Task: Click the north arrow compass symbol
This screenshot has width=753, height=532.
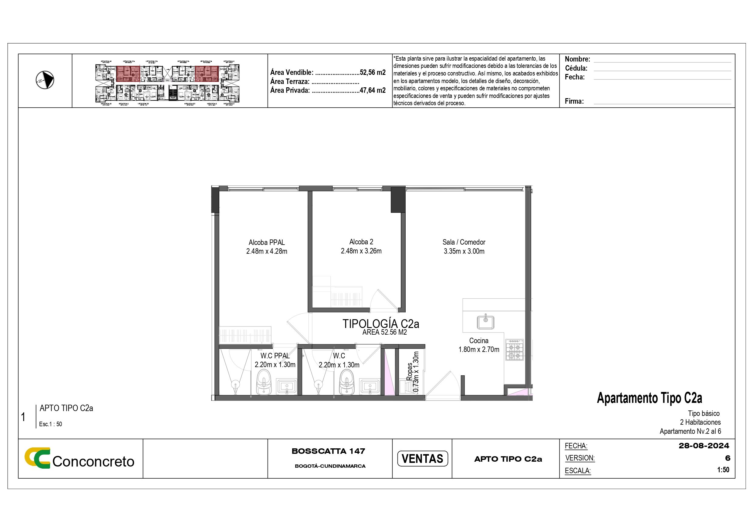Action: pos(45,80)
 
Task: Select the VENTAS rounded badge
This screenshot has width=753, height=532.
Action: pos(422,459)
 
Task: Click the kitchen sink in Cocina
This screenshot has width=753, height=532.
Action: pos(485,322)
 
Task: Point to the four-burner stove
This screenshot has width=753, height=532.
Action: pos(515,350)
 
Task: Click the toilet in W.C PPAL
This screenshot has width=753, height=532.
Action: pos(264,383)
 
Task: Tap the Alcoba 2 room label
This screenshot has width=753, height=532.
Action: pos(361,242)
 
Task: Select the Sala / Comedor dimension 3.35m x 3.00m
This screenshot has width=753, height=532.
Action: pos(464,251)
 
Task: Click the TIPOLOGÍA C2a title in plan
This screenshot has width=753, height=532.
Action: pos(381,324)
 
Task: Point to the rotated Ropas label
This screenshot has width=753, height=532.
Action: pos(409,372)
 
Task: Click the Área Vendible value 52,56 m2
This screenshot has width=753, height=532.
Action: pos(373,72)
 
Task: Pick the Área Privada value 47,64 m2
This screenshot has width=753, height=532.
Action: pos(373,90)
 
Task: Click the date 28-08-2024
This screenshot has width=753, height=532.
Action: pos(704,446)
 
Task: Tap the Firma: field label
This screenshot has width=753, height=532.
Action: pos(574,101)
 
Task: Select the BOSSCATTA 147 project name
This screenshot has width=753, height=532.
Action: pos(328,451)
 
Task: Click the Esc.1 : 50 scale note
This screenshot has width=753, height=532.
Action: pos(50,424)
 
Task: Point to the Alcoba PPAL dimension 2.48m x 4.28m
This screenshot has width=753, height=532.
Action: pos(267,251)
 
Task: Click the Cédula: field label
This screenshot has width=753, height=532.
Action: pos(576,68)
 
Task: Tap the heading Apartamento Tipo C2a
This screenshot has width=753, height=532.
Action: pos(649,398)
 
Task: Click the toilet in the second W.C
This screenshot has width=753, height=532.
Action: pos(347,383)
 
